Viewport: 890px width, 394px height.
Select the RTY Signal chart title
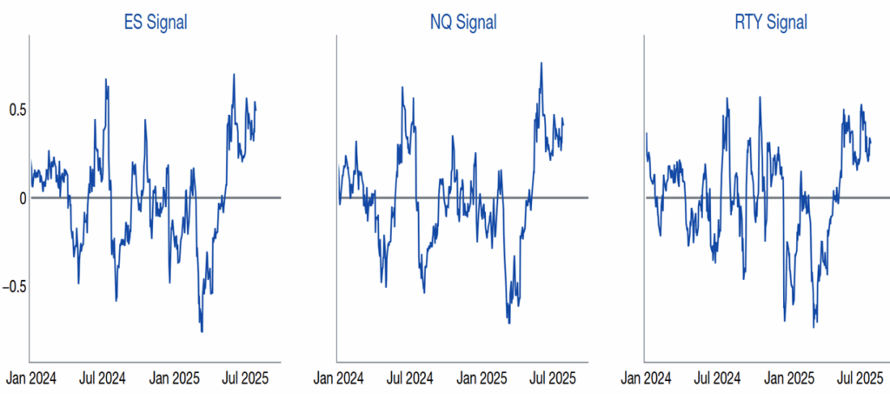[771, 23]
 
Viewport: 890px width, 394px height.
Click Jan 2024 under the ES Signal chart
[32, 379]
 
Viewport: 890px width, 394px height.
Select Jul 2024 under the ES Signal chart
[103, 379]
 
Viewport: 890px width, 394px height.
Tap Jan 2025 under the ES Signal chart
[175, 379]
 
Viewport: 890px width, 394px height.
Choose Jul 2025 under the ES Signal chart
[245, 379]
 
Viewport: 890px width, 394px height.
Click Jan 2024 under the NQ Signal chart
[340, 379]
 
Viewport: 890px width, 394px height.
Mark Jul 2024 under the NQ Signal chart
[410, 379]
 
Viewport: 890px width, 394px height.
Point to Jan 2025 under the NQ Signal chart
[482, 379]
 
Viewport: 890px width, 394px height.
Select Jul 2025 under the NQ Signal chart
[553, 379]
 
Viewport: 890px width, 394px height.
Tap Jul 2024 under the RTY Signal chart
[719, 379]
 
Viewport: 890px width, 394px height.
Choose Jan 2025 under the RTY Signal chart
[791, 379]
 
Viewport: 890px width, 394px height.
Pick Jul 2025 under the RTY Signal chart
[861, 379]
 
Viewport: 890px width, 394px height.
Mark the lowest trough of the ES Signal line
[202, 331]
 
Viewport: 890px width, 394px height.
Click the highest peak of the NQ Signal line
[541, 63]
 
